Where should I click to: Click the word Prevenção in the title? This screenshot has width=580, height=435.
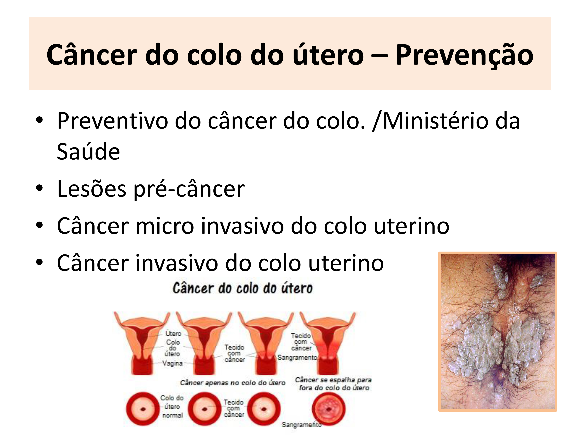464,55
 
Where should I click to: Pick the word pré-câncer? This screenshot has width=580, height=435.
189,189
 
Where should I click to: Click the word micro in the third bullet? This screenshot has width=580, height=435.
164,226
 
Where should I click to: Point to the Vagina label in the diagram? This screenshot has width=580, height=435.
172,363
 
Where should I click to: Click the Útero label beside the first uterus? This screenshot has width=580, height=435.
173,333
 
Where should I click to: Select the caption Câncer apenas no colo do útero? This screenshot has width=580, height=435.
233,383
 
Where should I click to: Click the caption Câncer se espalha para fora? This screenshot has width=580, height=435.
333,384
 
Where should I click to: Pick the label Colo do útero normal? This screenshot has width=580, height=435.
172,406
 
